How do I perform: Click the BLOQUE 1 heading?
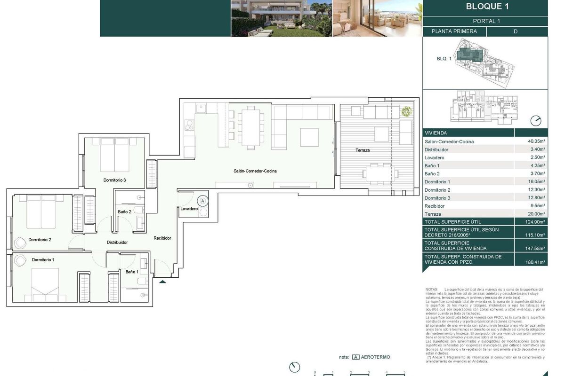[x=487, y=7]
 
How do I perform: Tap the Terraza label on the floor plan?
[x=363, y=150]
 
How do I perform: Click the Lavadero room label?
[x=189, y=208]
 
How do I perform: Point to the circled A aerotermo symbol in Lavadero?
[x=202, y=201]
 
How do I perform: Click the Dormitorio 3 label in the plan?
[x=115, y=180]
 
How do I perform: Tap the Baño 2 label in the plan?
[x=124, y=212]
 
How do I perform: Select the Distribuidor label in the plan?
[x=117, y=243]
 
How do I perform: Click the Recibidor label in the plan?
[x=162, y=238]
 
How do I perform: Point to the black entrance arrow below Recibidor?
[x=162, y=282]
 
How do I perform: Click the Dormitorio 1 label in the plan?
[x=43, y=260]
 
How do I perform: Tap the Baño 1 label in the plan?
[x=131, y=272]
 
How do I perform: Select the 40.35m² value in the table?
[x=536, y=141]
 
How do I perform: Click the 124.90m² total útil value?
[x=535, y=222]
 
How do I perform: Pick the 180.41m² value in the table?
[x=535, y=262]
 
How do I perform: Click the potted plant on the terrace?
[x=406, y=112]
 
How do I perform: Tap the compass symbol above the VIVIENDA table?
[x=536, y=121]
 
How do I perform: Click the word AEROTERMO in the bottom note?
[x=376, y=357]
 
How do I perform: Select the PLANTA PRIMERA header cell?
[x=454, y=31]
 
